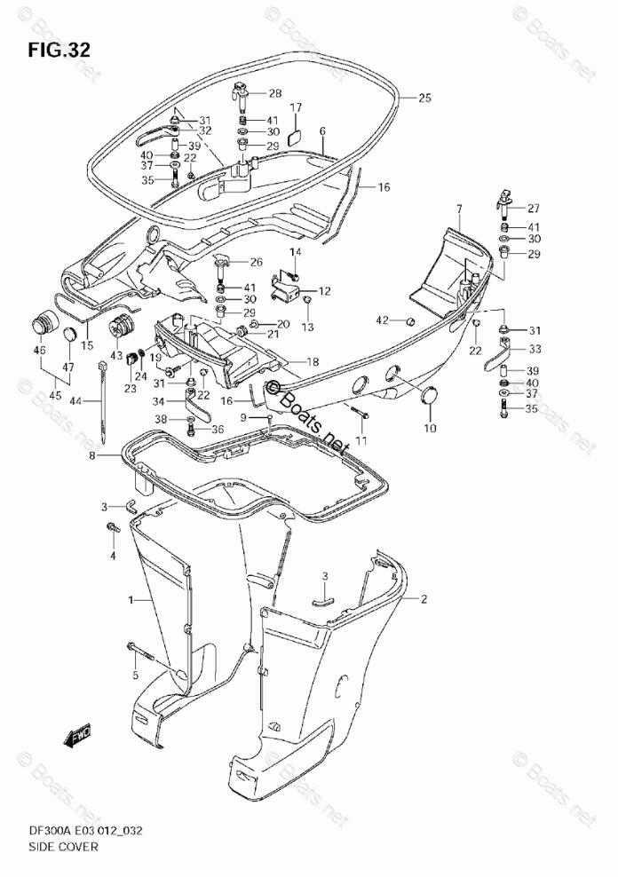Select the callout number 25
[x=424, y=99]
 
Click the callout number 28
[x=274, y=93]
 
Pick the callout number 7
[x=459, y=209]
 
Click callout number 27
[x=534, y=209]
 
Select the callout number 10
[x=430, y=429]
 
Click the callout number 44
[x=76, y=401]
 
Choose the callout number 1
[x=130, y=601]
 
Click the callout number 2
[x=424, y=599]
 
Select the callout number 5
[x=136, y=676]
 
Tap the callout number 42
[x=382, y=320]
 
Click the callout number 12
[x=324, y=290]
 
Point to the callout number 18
[x=313, y=361]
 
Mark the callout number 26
[x=256, y=262]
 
